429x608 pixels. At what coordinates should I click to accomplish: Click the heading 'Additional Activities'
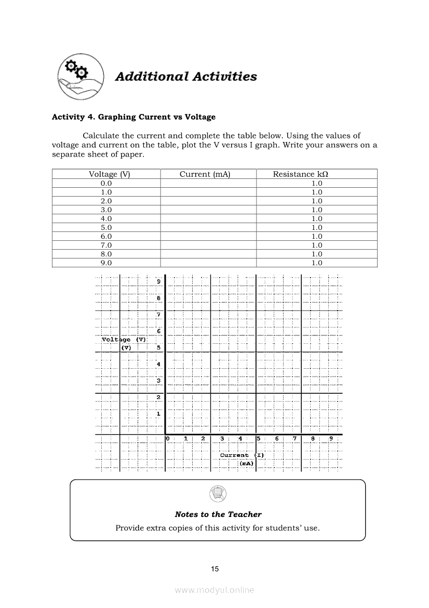pyautogui.click(x=186, y=76)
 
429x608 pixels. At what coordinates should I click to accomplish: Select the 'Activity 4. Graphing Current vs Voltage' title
pyautogui.click(x=133, y=117)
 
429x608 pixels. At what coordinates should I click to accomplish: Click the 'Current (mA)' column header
pyautogui.click(x=205, y=174)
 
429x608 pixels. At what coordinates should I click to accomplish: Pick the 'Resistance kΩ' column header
pyautogui.click(x=300, y=174)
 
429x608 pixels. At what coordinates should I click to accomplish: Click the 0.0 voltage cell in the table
pyautogui.click(x=106, y=183)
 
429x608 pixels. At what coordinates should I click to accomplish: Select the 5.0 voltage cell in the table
pyautogui.click(x=106, y=227)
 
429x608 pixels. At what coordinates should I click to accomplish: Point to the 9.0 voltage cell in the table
pyautogui.click(x=106, y=263)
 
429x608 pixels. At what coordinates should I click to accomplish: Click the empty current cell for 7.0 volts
pyautogui.click(x=208, y=245)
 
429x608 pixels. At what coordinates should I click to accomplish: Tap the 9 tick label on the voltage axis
pyautogui.click(x=158, y=281)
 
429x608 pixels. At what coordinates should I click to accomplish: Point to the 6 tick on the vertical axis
pyautogui.click(x=158, y=331)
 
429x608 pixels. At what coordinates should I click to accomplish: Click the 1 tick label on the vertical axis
pyautogui.click(x=158, y=414)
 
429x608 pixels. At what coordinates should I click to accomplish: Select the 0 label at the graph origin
pyautogui.click(x=168, y=439)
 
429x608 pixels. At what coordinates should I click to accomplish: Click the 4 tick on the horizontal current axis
pyautogui.click(x=240, y=439)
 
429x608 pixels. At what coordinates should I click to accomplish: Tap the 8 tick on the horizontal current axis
pyautogui.click(x=313, y=439)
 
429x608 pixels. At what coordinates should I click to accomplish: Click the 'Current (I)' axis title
pyautogui.click(x=242, y=455)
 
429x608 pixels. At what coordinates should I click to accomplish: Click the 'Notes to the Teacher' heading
pyautogui.click(x=218, y=514)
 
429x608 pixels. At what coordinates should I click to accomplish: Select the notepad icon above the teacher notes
pyautogui.click(x=218, y=493)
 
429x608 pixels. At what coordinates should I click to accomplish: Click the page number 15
pyautogui.click(x=215, y=569)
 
